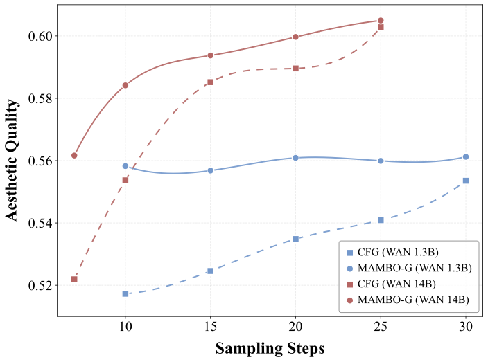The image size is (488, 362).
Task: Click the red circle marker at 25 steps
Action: pos(381,21)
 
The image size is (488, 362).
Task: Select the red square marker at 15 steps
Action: pos(211,82)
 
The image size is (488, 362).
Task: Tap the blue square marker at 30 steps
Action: pos(466,181)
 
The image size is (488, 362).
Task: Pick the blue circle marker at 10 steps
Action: pos(125,166)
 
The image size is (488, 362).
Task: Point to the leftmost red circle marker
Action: pos(74,155)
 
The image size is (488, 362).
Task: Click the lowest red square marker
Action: pos(74,280)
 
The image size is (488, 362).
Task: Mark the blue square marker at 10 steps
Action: pos(125,293)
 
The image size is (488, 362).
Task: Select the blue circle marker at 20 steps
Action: pos(296,158)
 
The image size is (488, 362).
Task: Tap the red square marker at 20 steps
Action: pos(296,69)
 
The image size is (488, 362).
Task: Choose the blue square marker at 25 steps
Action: pos(381,220)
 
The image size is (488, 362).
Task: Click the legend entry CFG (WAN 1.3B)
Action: pos(393,253)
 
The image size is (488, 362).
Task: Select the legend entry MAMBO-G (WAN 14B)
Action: pos(408,300)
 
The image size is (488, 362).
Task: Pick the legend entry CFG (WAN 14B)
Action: pos(391,284)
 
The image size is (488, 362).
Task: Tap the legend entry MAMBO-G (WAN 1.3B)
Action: pos(409,268)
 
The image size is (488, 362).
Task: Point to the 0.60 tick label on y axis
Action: pos(40,36)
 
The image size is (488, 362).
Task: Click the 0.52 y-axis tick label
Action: pos(40,286)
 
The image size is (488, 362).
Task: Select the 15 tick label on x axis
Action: pos(211,327)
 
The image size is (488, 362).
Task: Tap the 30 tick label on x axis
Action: pos(466,327)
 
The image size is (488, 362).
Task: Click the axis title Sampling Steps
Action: pos(270,349)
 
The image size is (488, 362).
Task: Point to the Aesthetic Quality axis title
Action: pos(12,161)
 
